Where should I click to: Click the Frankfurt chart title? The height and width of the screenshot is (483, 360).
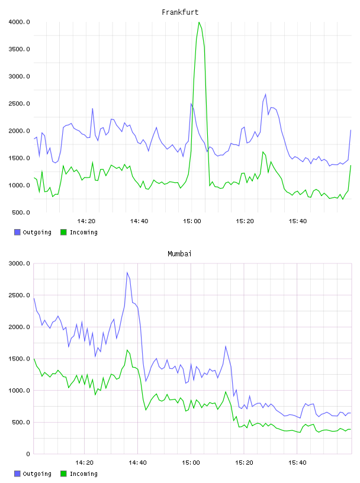(x=180, y=12)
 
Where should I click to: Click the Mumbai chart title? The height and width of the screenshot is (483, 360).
(x=179, y=254)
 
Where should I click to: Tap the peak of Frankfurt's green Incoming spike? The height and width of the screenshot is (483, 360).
(x=199, y=22)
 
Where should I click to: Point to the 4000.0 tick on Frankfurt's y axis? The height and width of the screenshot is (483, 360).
(x=19, y=22)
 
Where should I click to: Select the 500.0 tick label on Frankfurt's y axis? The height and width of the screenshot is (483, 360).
(x=21, y=212)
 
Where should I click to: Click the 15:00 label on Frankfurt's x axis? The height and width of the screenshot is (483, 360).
(x=192, y=221)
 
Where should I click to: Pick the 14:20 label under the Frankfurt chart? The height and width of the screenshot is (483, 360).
(x=86, y=221)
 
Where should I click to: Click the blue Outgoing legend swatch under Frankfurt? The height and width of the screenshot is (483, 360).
(x=17, y=232)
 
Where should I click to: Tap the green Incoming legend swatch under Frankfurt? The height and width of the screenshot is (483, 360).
(x=63, y=232)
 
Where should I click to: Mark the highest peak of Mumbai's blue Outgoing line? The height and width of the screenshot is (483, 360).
(x=127, y=273)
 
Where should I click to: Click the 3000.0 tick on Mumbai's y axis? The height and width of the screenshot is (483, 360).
(x=19, y=263)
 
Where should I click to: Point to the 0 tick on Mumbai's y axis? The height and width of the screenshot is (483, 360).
(x=28, y=454)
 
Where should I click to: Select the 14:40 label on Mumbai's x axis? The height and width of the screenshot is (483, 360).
(x=137, y=463)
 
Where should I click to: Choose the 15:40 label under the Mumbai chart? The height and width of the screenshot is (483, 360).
(x=297, y=463)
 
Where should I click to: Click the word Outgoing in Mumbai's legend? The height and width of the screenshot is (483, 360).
(x=37, y=474)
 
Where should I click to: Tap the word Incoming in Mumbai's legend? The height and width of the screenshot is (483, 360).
(x=83, y=474)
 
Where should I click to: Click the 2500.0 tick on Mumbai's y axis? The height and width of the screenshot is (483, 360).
(x=19, y=295)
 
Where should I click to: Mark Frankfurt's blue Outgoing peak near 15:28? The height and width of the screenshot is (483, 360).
(x=265, y=94)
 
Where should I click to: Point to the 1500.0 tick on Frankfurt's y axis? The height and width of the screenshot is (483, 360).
(x=19, y=158)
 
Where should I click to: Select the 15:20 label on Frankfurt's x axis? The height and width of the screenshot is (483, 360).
(x=245, y=221)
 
